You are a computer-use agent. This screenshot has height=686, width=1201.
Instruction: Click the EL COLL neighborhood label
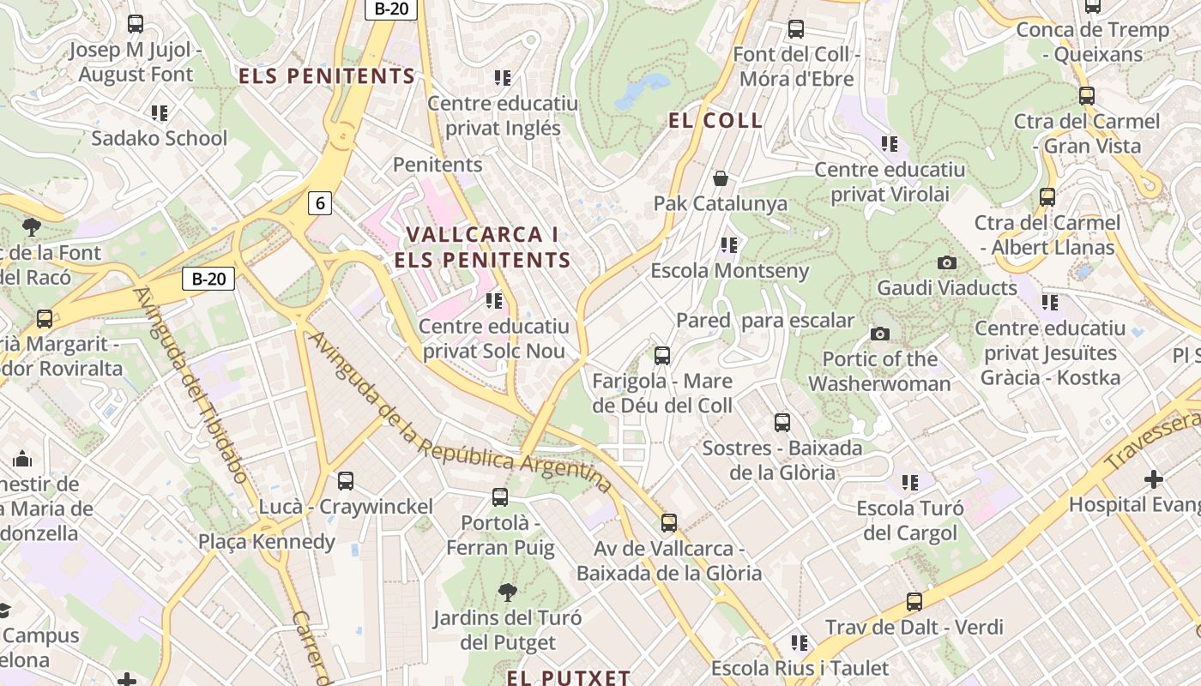(x=715, y=121)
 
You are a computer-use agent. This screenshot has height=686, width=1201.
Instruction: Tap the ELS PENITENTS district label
(x=327, y=75)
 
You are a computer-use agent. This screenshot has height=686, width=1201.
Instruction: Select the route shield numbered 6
(x=320, y=203)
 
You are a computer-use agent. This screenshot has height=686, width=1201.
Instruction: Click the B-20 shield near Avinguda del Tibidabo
(x=208, y=279)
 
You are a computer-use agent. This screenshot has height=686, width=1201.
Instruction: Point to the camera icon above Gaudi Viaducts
(x=947, y=262)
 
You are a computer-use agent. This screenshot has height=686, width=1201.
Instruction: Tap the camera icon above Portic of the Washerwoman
(x=879, y=334)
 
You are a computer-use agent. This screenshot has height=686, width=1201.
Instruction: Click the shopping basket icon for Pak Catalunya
(x=721, y=178)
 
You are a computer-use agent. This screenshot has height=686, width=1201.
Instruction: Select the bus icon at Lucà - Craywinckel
(x=346, y=481)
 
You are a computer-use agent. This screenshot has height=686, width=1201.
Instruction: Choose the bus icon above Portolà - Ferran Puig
(x=500, y=496)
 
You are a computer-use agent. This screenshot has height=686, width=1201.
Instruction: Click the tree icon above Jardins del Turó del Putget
(x=507, y=592)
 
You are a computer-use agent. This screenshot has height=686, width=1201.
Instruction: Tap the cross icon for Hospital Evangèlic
(x=1154, y=478)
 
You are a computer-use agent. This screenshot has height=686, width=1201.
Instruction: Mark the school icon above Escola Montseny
(x=729, y=245)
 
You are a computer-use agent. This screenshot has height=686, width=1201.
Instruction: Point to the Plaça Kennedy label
(x=267, y=541)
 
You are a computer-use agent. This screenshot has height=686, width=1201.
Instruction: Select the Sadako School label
(x=160, y=138)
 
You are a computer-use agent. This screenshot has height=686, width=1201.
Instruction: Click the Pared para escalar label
(x=765, y=321)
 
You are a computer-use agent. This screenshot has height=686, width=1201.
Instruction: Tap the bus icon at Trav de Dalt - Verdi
(x=914, y=602)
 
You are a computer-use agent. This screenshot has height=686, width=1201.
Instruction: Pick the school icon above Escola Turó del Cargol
(x=910, y=483)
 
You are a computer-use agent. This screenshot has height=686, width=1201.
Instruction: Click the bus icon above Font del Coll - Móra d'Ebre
(x=796, y=29)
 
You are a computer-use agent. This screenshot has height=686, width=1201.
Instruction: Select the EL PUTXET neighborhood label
(x=569, y=677)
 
